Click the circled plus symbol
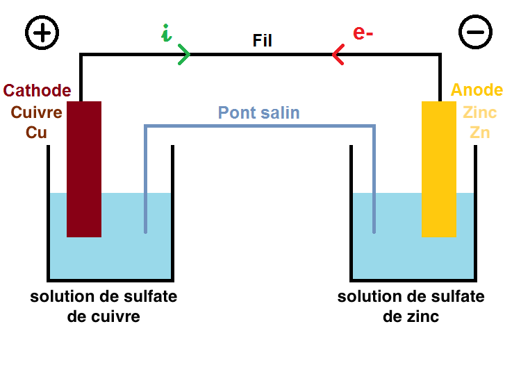point(42,31)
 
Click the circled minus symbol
point(476,33)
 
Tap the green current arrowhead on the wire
point(184,54)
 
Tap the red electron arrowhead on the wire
point(338,54)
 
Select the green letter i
point(165,33)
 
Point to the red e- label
point(363,33)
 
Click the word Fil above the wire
point(262,41)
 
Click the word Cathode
point(37,91)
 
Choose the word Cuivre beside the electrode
point(37,112)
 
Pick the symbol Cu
point(36,132)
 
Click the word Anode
point(477,91)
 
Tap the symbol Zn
point(479,132)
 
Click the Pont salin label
point(258,112)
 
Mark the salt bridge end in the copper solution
point(145,230)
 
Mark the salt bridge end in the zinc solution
point(374,230)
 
